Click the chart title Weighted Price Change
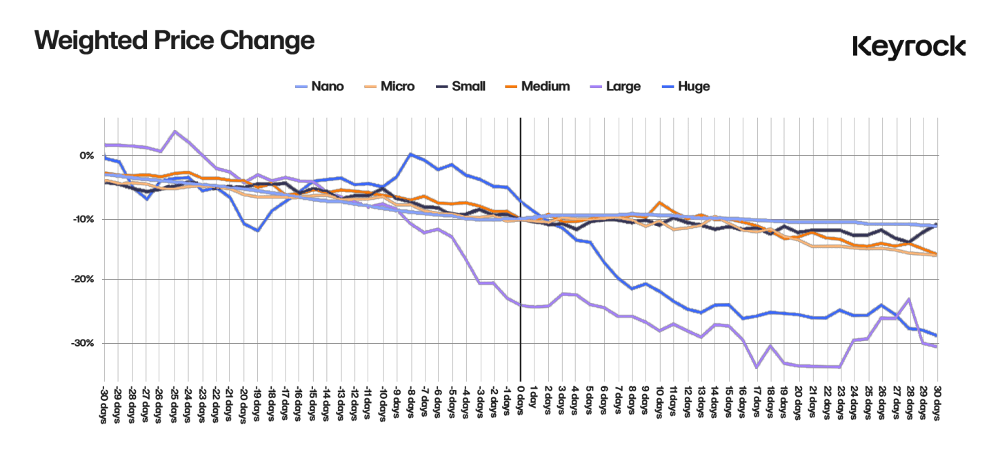pyautogui.click(x=174, y=41)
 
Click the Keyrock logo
pyautogui.click(x=908, y=46)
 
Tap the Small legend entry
pyautogui.click(x=469, y=86)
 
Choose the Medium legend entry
pyautogui.click(x=545, y=86)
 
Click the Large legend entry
pyautogui.click(x=623, y=86)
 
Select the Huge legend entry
pyautogui.click(x=693, y=86)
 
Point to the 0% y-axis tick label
pyautogui.click(x=86, y=156)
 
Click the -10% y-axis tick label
pyautogui.click(x=83, y=219)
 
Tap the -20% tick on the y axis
pyautogui.click(x=83, y=279)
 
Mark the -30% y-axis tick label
pyautogui.click(x=83, y=343)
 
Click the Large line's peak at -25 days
pyautogui.click(x=174, y=131)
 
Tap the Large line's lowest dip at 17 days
pyautogui.click(x=757, y=368)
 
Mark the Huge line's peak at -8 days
pyautogui.click(x=410, y=154)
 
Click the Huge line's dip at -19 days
pyautogui.click(x=257, y=231)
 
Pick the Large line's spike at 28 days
pyautogui.click(x=909, y=299)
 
